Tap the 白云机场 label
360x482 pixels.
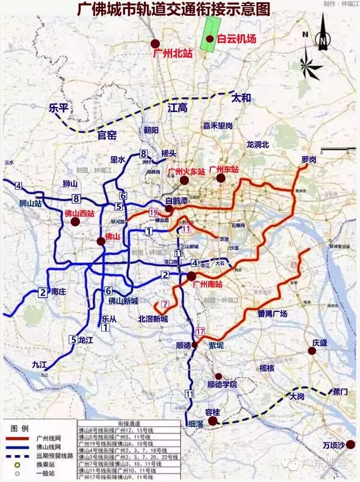click(237, 39)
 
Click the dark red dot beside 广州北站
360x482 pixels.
click(156, 43)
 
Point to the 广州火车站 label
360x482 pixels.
click(185, 170)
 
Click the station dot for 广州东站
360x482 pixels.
click(221, 178)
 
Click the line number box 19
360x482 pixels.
click(153, 212)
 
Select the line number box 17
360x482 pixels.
click(200, 332)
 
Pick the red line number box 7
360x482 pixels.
click(165, 304)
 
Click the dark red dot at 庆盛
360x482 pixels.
click(312, 351)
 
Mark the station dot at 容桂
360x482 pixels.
click(212, 421)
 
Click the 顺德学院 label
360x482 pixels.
click(222, 385)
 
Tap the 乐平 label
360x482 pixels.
click(58, 108)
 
